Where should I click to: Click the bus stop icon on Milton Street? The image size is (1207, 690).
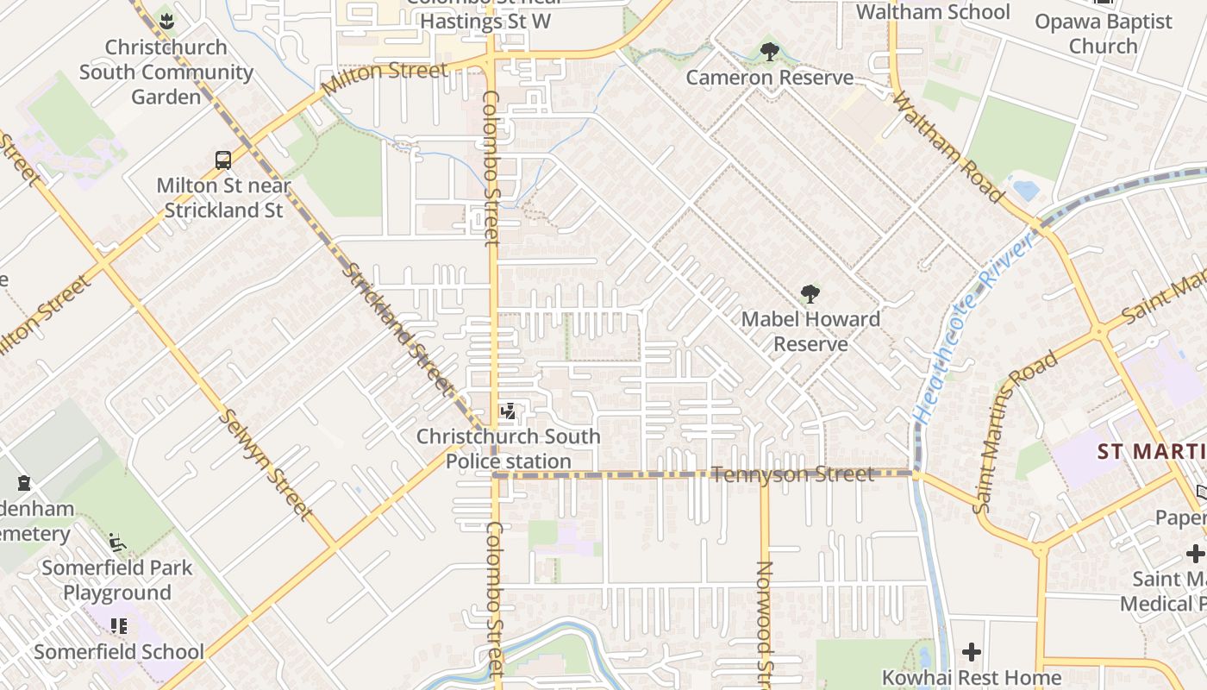coord(223,160)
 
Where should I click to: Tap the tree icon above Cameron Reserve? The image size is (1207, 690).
coord(770,52)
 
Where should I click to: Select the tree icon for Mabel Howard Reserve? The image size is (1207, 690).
coord(810,294)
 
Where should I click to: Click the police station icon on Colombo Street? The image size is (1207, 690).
coord(509,411)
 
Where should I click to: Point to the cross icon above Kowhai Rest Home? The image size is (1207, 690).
coord(972,652)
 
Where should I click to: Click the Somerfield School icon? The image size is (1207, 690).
coord(118,625)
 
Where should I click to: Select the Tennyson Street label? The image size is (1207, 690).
coord(793,474)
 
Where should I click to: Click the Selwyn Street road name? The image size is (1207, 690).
coord(266,464)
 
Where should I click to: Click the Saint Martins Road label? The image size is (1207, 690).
coord(1016,432)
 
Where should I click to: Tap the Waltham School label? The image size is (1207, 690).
coord(933,12)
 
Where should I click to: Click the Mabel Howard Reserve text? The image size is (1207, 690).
coord(810,331)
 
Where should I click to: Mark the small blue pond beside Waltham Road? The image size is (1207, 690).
coord(1024,189)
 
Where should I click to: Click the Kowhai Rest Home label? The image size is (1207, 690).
coord(971,678)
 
